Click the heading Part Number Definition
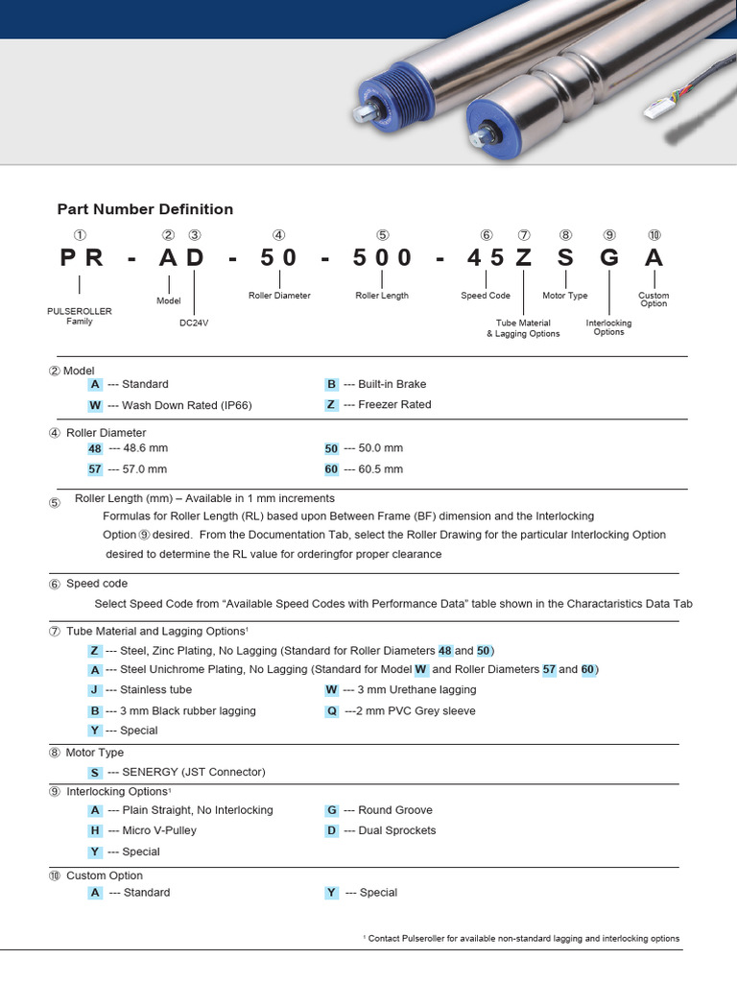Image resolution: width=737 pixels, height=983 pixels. coord(145,209)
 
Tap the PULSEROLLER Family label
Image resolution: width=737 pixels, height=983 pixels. coord(80,316)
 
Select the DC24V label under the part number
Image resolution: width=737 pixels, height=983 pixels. coord(194,324)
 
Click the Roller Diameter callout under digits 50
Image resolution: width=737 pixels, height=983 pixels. coord(279,296)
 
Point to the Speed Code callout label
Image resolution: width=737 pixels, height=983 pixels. coord(486,296)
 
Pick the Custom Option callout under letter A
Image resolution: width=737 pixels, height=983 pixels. coord(654,300)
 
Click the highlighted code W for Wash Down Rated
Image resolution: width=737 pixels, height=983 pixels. coord(95,405)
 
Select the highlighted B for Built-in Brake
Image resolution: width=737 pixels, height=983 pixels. coord(332,384)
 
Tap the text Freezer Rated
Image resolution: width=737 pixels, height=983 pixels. coord(394,404)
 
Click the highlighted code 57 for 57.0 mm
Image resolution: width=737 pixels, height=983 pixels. coord(95,469)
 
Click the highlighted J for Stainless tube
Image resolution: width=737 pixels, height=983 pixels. coord(95,689)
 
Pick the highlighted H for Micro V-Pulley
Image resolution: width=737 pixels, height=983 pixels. coord(95,830)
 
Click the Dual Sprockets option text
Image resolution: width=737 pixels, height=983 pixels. coord(396,830)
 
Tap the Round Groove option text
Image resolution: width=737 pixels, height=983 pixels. coord(394,810)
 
